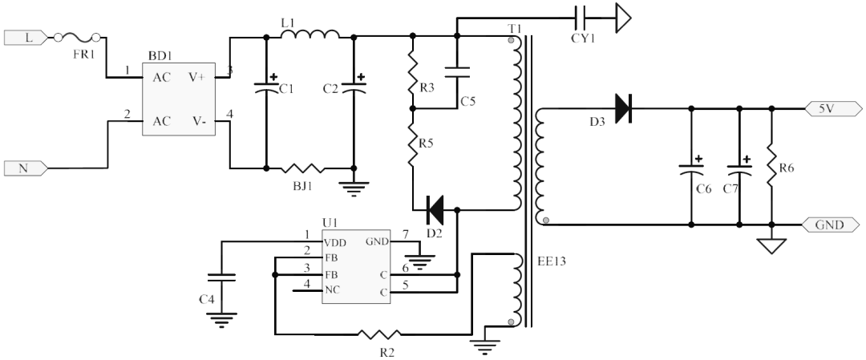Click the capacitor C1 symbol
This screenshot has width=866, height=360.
click(x=265, y=90)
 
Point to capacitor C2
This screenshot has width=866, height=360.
click(x=353, y=90)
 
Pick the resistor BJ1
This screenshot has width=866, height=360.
click(x=303, y=168)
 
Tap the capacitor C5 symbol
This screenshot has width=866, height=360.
click(x=457, y=72)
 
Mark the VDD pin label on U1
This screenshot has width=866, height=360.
click(x=335, y=241)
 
